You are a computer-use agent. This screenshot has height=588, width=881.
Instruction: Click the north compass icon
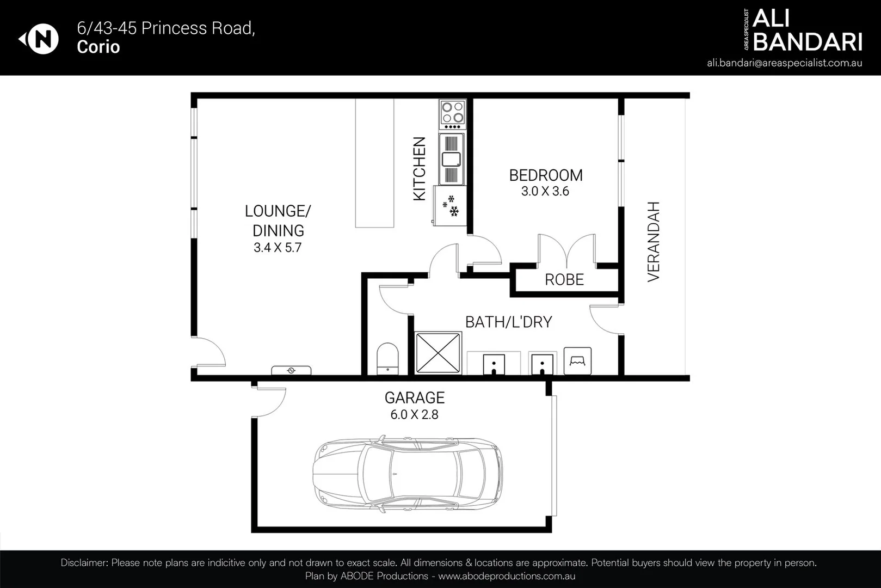pyautogui.click(x=39, y=39)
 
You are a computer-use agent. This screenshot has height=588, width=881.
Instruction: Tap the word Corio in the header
pyautogui.click(x=98, y=47)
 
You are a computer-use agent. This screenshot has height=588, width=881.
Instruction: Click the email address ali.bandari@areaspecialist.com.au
pyautogui.click(x=784, y=63)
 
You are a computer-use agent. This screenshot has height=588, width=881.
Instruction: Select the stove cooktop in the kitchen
pyautogui.click(x=453, y=114)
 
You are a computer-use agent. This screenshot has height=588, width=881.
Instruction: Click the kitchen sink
pyautogui.click(x=451, y=159)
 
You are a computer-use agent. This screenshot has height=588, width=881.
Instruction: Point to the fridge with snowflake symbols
pyautogui.click(x=450, y=206)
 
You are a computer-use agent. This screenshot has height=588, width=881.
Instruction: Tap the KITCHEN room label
pyautogui.click(x=419, y=169)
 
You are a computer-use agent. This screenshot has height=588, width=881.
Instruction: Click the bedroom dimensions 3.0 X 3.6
pyautogui.click(x=545, y=191)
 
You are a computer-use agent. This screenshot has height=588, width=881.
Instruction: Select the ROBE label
pyautogui.click(x=564, y=279)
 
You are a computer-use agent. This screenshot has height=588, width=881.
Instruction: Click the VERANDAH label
pyautogui.click(x=654, y=242)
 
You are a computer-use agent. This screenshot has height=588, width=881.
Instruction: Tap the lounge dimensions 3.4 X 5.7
pyautogui.click(x=278, y=248)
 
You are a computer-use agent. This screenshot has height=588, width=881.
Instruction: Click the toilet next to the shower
pyautogui.click(x=387, y=359)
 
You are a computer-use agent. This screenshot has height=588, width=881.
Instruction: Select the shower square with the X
pyautogui.click(x=438, y=353)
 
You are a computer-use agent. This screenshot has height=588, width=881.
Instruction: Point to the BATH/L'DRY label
pyautogui.click(x=509, y=322)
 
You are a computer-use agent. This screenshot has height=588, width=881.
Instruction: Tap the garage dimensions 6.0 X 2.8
pyautogui.click(x=414, y=414)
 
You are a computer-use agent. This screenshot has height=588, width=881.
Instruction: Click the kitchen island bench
pyautogui.click(x=374, y=163)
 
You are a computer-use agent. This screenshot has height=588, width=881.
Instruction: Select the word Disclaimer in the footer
pyautogui.click(x=84, y=562)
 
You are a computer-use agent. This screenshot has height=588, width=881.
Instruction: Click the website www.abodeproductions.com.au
pyautogui.click(x=507, y=576)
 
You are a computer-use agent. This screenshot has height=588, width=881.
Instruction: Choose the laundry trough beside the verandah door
pyautogui.click(x=577, y=360)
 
